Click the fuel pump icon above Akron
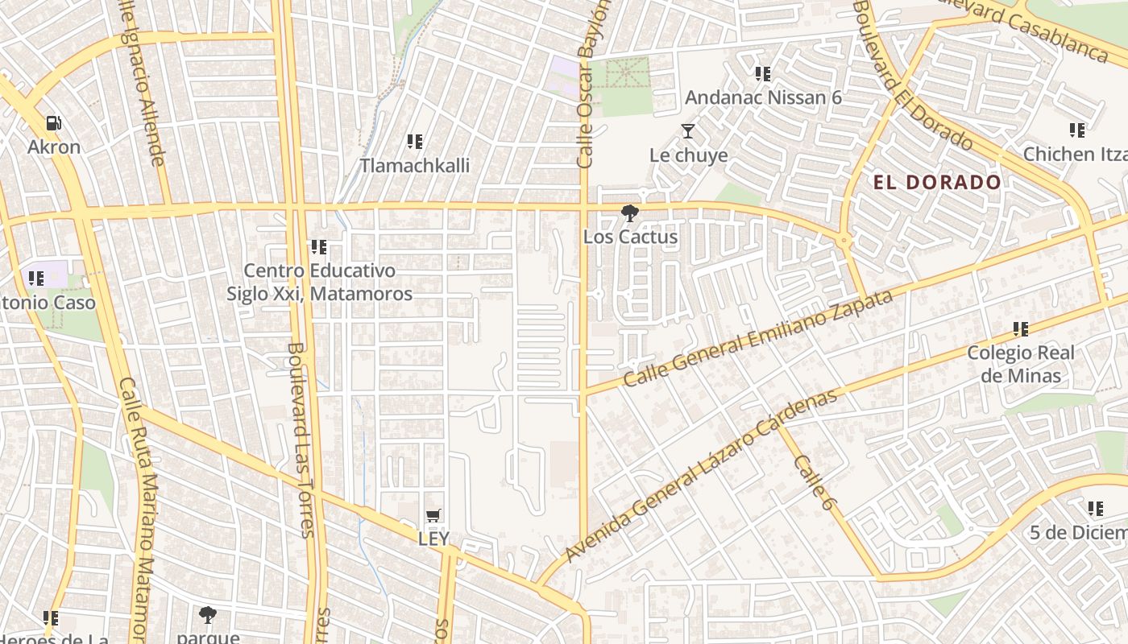(54, 124)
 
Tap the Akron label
(54, 147)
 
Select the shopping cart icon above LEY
(433, 515)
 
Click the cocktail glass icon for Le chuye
(687, 131)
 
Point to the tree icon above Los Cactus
(629, 213)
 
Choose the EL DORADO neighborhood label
(937, 182)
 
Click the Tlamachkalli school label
(414, 165)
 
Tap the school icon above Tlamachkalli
(415, 142)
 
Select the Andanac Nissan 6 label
(763, 97)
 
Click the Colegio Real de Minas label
(1021, 364)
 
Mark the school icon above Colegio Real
(1021, 329)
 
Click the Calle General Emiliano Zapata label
(758, 338)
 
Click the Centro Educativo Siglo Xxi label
(319, 282)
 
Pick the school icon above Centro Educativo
(318, 247)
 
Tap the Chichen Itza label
(1075, 153)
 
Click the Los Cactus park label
(630, 237)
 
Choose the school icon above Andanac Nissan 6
(763, 75)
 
